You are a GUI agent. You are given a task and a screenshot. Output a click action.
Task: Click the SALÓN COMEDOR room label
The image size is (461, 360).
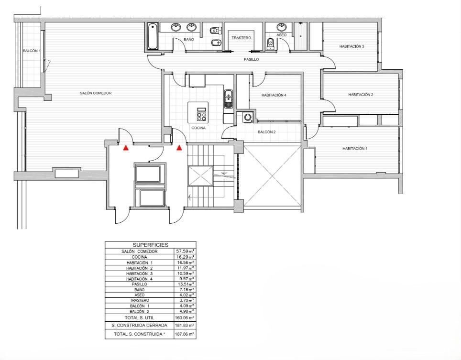(x=96, y=93)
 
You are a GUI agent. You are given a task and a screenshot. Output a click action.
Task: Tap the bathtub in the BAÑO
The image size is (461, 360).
(x=152, y=36)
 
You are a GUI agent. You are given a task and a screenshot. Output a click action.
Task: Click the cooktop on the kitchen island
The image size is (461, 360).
(x=202, y=114)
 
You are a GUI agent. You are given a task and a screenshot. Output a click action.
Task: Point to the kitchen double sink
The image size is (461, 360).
(x=229, y=99)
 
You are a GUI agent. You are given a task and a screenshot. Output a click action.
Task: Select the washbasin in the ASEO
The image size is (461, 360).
(x=281, y=27)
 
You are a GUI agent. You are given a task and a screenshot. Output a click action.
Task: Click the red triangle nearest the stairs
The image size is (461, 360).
(x=179, y=148)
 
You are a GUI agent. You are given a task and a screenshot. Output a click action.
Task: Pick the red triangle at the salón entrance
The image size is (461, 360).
(x=126, y=148)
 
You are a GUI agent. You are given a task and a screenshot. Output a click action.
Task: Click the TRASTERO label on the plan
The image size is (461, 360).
(x=241, y=38)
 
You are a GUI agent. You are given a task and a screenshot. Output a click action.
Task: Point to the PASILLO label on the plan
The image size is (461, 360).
(x=252, y=59)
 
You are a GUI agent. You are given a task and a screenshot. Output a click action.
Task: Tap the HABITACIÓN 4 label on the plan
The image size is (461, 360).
(x=274, y=95)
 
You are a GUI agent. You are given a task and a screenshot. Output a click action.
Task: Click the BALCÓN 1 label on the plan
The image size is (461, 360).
(x=32, y=51)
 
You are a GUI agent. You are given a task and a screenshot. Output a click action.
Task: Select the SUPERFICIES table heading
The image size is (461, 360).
(x=151, y=245)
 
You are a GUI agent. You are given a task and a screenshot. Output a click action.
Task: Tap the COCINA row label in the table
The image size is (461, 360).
(x=139, y=257)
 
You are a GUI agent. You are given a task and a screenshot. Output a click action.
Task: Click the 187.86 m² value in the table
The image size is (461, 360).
(x=185, y=334)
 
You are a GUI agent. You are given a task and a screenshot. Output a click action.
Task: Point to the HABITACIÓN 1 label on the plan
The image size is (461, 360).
(x=354, y=149)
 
